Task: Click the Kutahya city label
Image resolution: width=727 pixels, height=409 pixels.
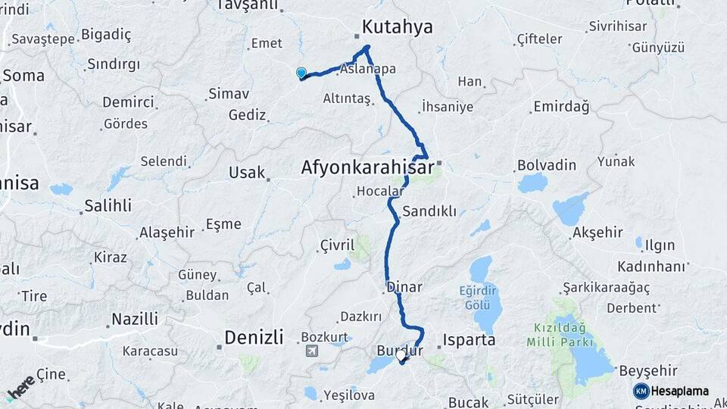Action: pyautogui.click(x=397, y=27)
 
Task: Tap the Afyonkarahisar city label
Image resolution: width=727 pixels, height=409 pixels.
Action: pyautogui.click(x=367, y=166)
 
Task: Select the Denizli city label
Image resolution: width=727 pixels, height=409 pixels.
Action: pyautogui.click(x=254, y=336)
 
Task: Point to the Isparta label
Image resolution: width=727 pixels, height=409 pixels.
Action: pyautogui.click(x=470, y=340)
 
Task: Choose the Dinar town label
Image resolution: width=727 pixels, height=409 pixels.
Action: pyautogui.click(x=404, y=287)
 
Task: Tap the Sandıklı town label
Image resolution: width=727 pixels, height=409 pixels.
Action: pyautogui.click(x=429, y=211)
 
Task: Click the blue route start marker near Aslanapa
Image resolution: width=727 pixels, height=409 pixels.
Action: pyautogui.click(x=301, y=73)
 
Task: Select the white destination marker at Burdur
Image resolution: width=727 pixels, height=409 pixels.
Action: pyautogui.click(x=401, y=354)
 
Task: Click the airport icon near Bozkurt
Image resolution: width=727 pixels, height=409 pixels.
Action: pyautogui.click(x=312, y=351)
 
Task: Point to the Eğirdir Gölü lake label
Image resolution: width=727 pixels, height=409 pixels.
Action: pyautogui.click(x=481, y=296)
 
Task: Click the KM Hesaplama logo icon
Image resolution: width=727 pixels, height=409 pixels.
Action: pyautogui.click(x=641, y=391)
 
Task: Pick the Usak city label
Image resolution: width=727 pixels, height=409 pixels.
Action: pyautogui.click(x=246, y=173)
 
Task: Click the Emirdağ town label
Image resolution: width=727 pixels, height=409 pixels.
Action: pyautogui.click(x=560, y=107)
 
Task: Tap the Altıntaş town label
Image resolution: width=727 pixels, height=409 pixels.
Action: pyautogui.click(x=346, y=99)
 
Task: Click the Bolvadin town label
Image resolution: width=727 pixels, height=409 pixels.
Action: pyautogui.click(x=546, y=164)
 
